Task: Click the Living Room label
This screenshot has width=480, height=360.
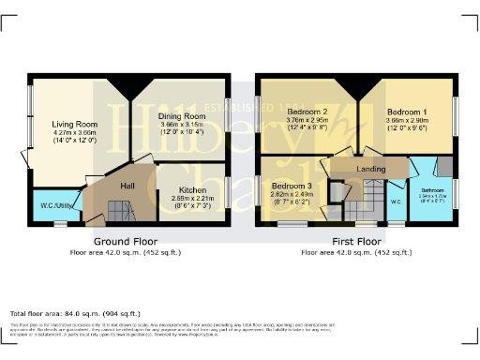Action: (75, 123)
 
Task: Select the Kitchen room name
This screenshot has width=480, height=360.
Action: (193, 189)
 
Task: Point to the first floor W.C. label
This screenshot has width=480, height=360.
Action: (396, 201)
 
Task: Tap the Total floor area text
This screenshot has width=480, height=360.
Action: (75, 312)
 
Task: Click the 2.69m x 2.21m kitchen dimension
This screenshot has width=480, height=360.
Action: (193, 199)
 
